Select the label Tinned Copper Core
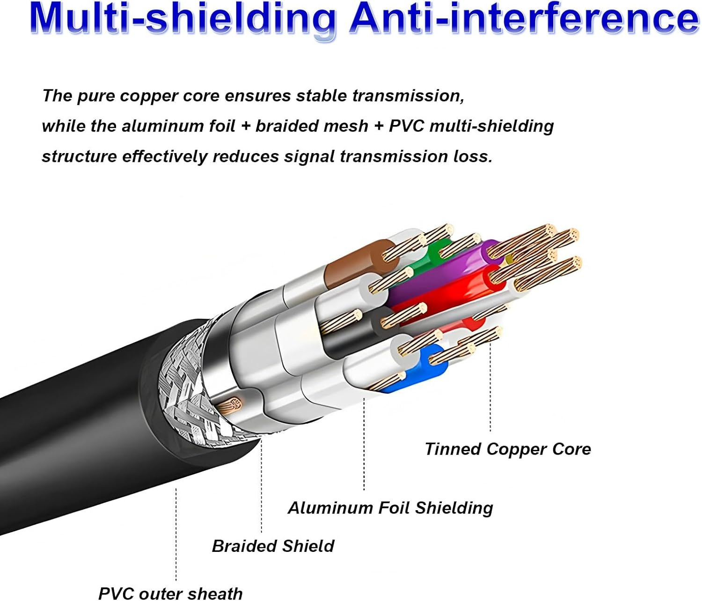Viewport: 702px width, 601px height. coord(508,449)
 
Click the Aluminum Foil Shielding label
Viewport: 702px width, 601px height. coord(390,508)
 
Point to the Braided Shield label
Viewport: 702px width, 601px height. coord(273,546)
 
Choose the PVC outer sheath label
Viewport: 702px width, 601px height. coord(170,594)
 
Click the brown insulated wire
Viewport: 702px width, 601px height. coord(356,262)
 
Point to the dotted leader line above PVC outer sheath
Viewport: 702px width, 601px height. coord(176,534)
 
